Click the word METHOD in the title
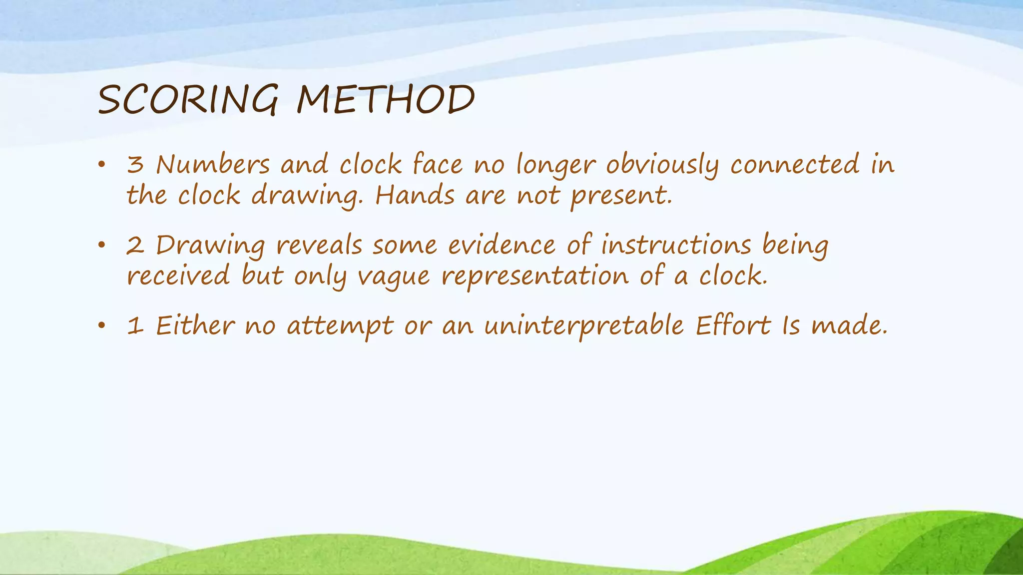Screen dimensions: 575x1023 point(385,100)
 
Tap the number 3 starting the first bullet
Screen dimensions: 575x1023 point(135,165)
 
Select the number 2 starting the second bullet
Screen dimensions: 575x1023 point(135,246)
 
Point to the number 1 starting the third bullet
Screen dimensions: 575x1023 point(135,326)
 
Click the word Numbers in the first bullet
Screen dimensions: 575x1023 point(213,165)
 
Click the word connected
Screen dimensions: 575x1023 point(794,165)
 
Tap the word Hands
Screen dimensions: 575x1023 point(415,195)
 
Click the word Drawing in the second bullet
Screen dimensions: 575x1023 point(210,246)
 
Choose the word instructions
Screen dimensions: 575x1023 point(676,246)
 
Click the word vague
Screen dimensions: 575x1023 point(393,277)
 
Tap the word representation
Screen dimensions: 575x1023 point(535,277)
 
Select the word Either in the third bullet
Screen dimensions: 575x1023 point(195,326)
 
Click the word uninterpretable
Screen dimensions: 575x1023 point(583,326)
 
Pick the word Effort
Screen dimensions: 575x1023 point(733,326)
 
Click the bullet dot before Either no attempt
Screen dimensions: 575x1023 point(102,326)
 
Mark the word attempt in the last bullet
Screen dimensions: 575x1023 point(340,327)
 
